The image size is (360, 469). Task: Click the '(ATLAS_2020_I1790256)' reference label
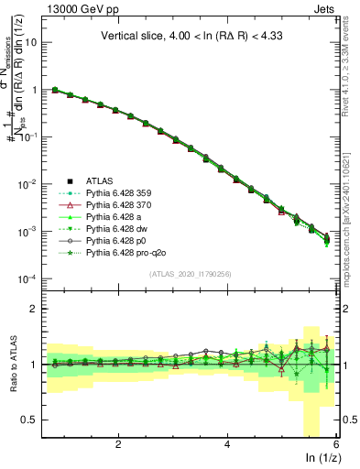[196, 274]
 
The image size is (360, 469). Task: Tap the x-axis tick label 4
[227, 443]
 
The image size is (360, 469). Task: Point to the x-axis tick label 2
[118, 443]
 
